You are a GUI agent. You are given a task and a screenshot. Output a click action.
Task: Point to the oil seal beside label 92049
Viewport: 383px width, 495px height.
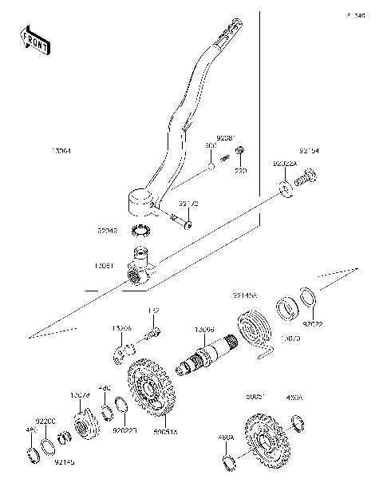pyautogui.click(x=142, y=232)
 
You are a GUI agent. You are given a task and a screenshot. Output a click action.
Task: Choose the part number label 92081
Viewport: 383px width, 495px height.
pyautogui.click(x=229, y=137)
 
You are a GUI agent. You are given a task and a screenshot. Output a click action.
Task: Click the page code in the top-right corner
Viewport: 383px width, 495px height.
pyautogui.click(x=355, y=15)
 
